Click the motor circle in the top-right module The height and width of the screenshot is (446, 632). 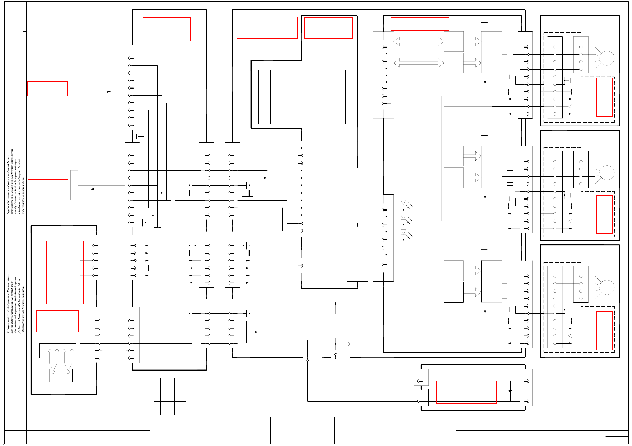coord(607,58)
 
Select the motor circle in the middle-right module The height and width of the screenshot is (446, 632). coord(607,173)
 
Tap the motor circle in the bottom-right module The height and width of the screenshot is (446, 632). coord(607,287)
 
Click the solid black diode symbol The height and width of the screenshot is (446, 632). coord(510,391)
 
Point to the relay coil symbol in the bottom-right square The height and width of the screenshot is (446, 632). coord(569,392)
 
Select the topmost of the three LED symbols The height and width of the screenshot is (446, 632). coord(403,202)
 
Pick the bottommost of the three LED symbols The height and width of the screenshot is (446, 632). coord(403,232)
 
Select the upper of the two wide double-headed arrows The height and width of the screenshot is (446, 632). coord(419,41)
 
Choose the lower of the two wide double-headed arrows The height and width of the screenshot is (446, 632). coord(419,63)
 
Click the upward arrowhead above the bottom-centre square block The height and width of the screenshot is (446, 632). coord(336,304)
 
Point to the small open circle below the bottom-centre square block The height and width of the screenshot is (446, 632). coord(348,344)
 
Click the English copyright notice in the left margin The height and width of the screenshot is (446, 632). coord(16,182)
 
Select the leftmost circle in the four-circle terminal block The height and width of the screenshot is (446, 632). coord(50,351)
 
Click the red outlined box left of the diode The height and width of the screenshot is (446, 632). coord(466,392)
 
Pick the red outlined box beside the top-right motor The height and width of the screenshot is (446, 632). coord(604,97)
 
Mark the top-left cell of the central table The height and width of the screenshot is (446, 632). coord(264,76)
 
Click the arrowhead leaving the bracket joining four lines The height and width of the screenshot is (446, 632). coord(257,332)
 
